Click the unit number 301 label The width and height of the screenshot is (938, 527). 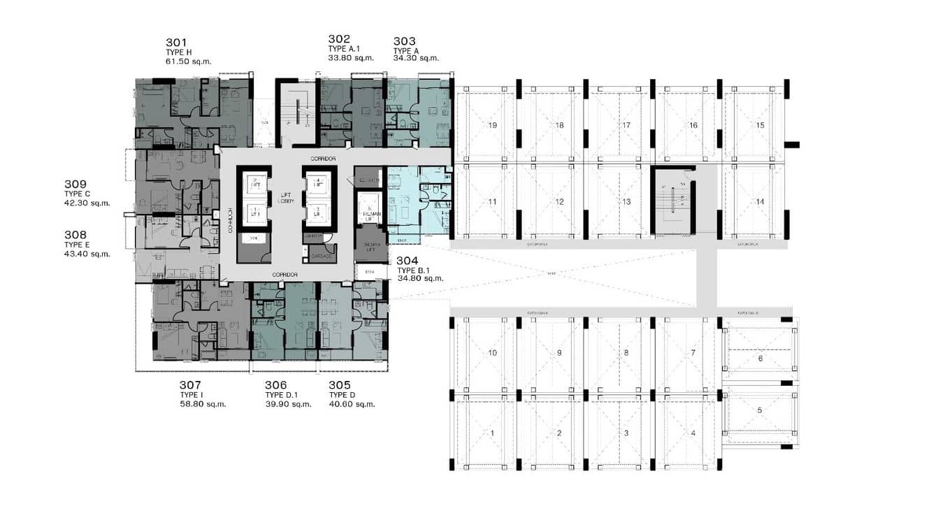[177, 42]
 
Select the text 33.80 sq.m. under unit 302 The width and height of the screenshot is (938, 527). [351, 58]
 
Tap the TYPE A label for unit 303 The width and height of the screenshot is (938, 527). [406, 50]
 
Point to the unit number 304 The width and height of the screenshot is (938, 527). [408, 261]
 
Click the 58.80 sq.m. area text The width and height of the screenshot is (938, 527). [203, 404]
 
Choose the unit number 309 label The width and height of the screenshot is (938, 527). [75, 185]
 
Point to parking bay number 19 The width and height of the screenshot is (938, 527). [493, 125]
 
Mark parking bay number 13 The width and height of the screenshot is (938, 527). [626, 201]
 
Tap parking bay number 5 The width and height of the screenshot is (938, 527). [760, 410]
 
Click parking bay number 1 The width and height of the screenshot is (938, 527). [493, 433]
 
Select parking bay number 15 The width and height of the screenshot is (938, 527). [760, 125]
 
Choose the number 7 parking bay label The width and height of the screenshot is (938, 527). [693, 353]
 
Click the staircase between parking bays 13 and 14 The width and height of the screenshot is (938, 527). [673, 201]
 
